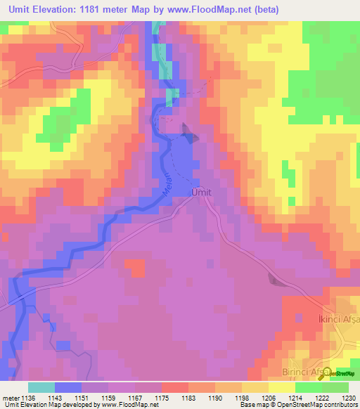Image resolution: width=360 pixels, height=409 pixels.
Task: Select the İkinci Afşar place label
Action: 334,320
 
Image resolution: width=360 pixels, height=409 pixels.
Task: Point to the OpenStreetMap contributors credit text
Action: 318,405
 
